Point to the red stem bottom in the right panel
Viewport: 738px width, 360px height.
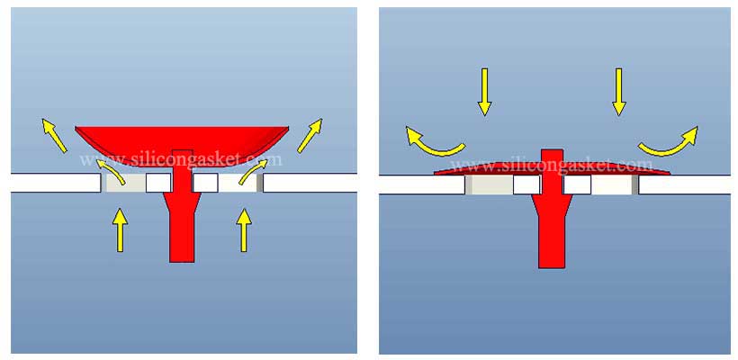click(x=551, y=243)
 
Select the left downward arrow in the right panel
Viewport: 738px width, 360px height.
click(x=484, y=92)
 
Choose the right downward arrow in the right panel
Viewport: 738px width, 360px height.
click(x=618, y=92)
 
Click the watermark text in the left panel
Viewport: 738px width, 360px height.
click(x=181, y=160)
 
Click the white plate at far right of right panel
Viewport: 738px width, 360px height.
click(x=684, y=184)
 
